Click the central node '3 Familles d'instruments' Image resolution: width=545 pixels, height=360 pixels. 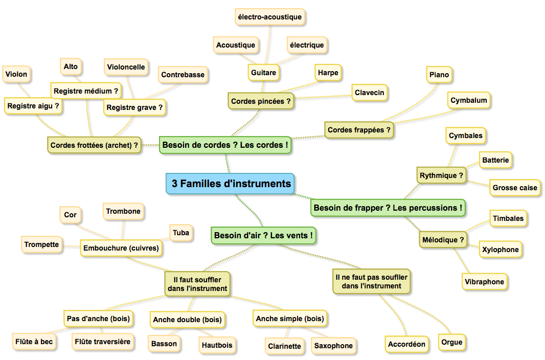(x=231, y=184)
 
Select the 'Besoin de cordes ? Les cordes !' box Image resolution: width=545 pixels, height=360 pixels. (x=225, y=145)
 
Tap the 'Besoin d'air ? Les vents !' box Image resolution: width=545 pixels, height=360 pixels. (x=264, y=236)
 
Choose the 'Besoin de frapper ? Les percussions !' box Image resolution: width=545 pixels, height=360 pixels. (x=388, y=208)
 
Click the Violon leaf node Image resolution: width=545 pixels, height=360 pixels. (x=16, y=74)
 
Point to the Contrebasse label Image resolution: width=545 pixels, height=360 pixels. (x=183, y=75)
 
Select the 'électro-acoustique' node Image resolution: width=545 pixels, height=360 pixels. (x=269, y=17)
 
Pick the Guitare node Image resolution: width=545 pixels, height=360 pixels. (x=263, y=73)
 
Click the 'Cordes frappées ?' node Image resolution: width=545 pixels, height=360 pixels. (x=359, y=130)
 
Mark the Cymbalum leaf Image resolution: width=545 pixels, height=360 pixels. (x=468, y=101)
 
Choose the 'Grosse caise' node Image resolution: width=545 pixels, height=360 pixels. (x=515, y=188)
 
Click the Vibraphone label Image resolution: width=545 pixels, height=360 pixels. (x=484, y=282)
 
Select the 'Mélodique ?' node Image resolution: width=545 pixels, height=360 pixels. (x=443, y=239)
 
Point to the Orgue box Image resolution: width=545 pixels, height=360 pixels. (x=451, y=342)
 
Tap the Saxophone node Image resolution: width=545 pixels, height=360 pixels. (x=333, y=346)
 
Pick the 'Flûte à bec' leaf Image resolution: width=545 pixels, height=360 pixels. (x=33, y=341)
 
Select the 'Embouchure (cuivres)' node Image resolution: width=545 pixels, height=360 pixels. (x=121, y=249)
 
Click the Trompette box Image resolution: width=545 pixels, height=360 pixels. (x=41, y=244)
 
